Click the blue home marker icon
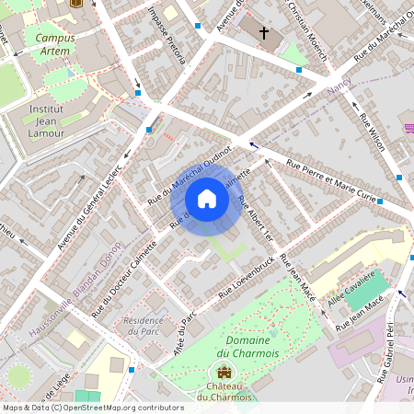point(207,199)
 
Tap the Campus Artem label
point(55,45)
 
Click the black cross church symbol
point(264,33)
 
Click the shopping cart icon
point(409,126)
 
